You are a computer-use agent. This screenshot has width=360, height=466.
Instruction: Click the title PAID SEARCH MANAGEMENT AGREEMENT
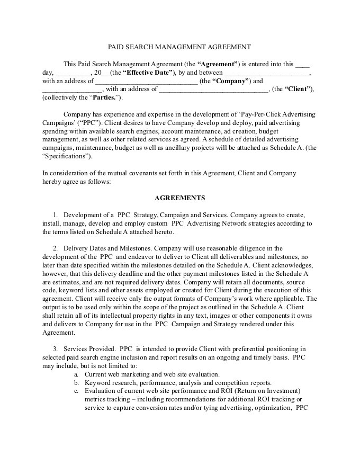[179, 47]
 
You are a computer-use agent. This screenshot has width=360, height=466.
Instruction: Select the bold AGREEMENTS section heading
[179, 198]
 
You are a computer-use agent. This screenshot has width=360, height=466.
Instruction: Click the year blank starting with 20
[101, 73]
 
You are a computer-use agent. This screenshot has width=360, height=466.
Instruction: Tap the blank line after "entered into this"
[302, 65]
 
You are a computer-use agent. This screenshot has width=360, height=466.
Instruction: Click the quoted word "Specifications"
[67, 156]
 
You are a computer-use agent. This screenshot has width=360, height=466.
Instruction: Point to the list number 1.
[55, 214]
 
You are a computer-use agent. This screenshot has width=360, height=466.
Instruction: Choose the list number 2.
[55, 248]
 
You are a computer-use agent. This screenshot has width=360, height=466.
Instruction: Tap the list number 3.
[55, 349]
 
